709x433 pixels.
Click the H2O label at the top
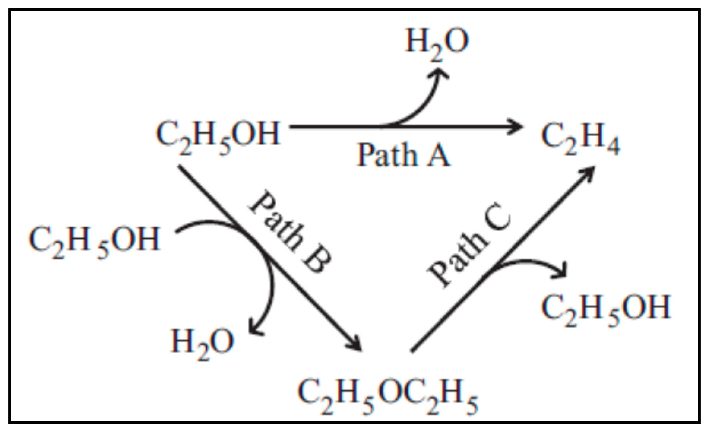(x=437, y=43)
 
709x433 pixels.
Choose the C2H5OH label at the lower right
(x=606, y=309)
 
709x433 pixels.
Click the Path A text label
(x=404, y=155)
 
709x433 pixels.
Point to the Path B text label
(x=291, y=232)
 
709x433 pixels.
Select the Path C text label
(x=469, y=245)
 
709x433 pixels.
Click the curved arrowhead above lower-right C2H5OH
(x=561, y=270)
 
